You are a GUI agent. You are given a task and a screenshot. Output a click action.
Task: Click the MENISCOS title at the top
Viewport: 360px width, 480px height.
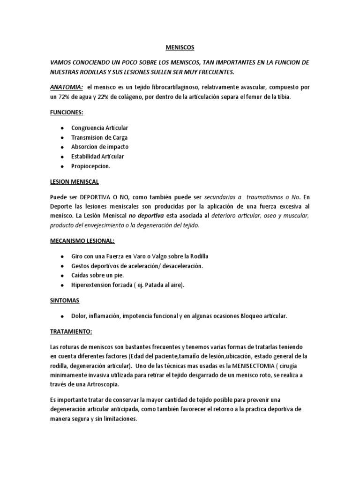tap(180, 47)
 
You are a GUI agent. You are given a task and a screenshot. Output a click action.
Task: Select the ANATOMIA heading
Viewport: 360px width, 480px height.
tap(67, 88)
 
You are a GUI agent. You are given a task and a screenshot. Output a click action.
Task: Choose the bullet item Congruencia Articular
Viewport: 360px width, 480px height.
tap(99, 128)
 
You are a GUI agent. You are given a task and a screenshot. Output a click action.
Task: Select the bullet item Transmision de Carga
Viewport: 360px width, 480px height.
tap(99, 137)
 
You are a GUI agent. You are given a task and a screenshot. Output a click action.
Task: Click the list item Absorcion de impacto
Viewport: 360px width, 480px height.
tap(99, 147)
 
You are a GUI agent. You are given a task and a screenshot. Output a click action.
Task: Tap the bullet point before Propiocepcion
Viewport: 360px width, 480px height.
tap(62, 166)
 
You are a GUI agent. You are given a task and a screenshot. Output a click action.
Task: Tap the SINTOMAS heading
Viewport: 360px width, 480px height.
tap(64, 300)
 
